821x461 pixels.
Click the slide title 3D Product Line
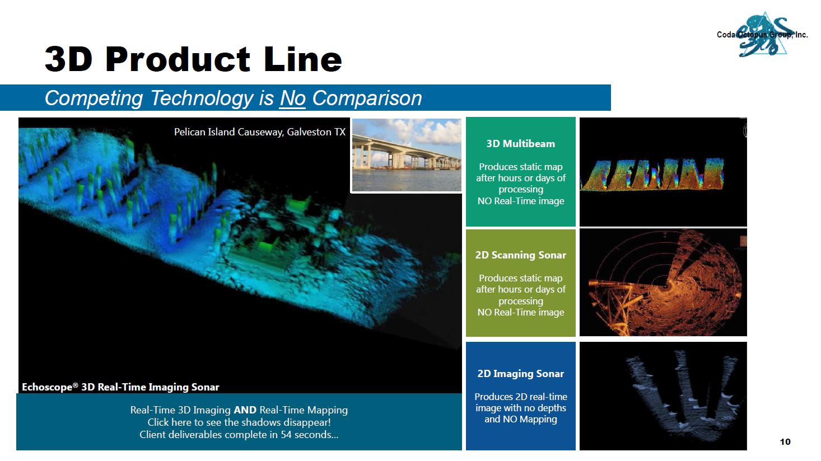tap(193, 59)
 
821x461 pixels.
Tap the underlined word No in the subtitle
tap(292, 98)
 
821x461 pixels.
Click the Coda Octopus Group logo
tap(763, 35)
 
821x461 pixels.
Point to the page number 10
tap(785, 441)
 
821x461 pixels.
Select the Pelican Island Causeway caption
tap(259, 132)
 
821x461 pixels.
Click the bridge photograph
tap(407, 154)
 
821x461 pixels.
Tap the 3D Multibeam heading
tap(520, 144)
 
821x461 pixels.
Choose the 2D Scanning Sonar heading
tap(520, 255)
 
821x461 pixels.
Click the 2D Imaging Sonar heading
tap(520, 374)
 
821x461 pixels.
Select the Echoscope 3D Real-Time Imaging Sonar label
tap(120, 387)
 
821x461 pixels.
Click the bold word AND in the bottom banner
tap(245, 410)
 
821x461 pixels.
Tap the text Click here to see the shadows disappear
tap(239, 422)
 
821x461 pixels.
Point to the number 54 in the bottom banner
tap(286, 435)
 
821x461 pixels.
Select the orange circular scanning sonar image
tap(663, 283)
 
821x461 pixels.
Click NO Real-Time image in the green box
tap(520, 201)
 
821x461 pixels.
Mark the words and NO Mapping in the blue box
tap(520, 419)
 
